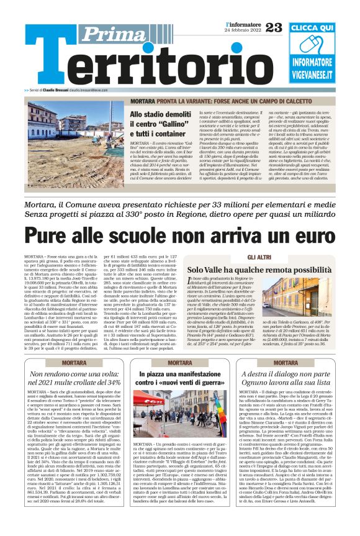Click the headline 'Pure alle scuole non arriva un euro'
(x=180, y=235)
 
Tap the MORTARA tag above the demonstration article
(x=179, y=362)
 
